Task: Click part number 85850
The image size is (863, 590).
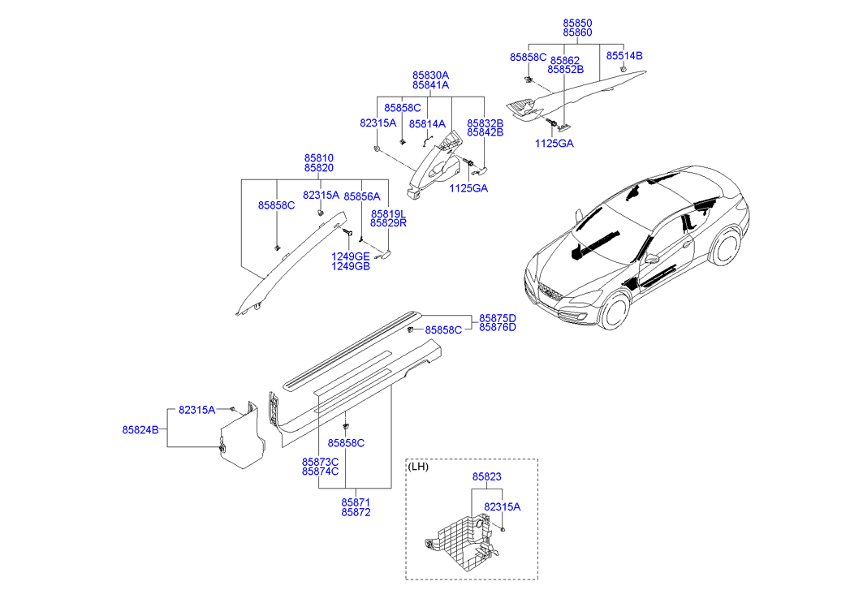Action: pyautogui.click(x=577, y=24)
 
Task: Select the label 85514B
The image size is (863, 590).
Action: pyautogui.click(x=624, y=56)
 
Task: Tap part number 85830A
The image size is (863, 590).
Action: pyautogui.click(x=430, y=75)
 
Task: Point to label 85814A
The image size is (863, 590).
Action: pyautogui.click(x=427, y=124)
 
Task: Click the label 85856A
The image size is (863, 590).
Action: pyautogui.click(x=362, y=196)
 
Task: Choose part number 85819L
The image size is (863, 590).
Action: pyautogui.click(x=388, y=213)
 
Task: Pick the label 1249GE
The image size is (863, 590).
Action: pyautogui.click(x=350, y=256)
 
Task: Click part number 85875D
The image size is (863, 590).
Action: pyautogui.click(x=497, y=317)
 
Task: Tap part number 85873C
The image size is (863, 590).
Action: pyautogui.click(x=320, y=461)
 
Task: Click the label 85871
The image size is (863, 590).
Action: pyautogui.click(x=356, y=502)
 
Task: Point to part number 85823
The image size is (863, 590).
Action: pyautogui.click(x=489, y=478)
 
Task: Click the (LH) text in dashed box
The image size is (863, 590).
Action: pyautogui.click(x=419, y=467)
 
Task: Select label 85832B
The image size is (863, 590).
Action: pyautogui.click(x=485, y=123)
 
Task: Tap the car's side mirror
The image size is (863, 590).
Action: pyautogui.click(x=651, y=258)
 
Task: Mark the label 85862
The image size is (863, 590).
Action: pyautogui.click(x=565, y=60)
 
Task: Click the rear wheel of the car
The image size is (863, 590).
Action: pyautogui.click(x=727, y=248)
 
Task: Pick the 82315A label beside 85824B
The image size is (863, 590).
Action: pyautogui.click(x=197, y=410)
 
